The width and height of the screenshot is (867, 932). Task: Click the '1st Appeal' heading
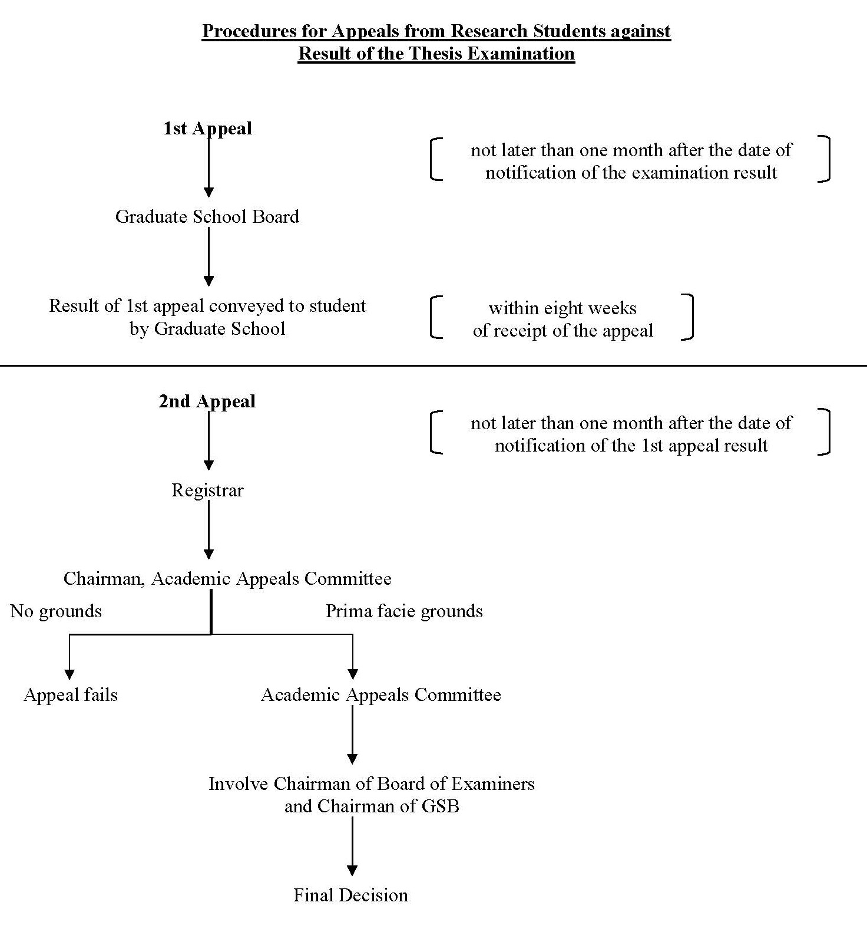207,129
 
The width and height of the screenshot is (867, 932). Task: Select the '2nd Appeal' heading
207,401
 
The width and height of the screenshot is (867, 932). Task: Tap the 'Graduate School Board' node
207,216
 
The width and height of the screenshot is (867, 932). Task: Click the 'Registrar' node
207,490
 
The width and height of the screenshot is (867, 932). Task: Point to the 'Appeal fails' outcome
71,694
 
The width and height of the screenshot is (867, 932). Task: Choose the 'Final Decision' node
351,895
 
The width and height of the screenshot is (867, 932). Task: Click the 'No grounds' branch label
56,611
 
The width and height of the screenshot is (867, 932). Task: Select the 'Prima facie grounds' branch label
404,611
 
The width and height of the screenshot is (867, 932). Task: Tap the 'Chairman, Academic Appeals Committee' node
227,578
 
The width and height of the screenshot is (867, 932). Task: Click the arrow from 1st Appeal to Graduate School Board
209,167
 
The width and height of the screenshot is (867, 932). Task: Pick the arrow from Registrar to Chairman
209,530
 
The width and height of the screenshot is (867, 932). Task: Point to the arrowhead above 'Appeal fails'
70,674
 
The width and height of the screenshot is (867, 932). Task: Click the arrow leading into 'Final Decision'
352,846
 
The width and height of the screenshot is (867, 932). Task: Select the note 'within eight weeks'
562,308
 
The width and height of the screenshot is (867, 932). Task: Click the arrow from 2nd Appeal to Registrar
209,440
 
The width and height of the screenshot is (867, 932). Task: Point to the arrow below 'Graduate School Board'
209,256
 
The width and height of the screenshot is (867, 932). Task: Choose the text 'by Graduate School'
207,328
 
